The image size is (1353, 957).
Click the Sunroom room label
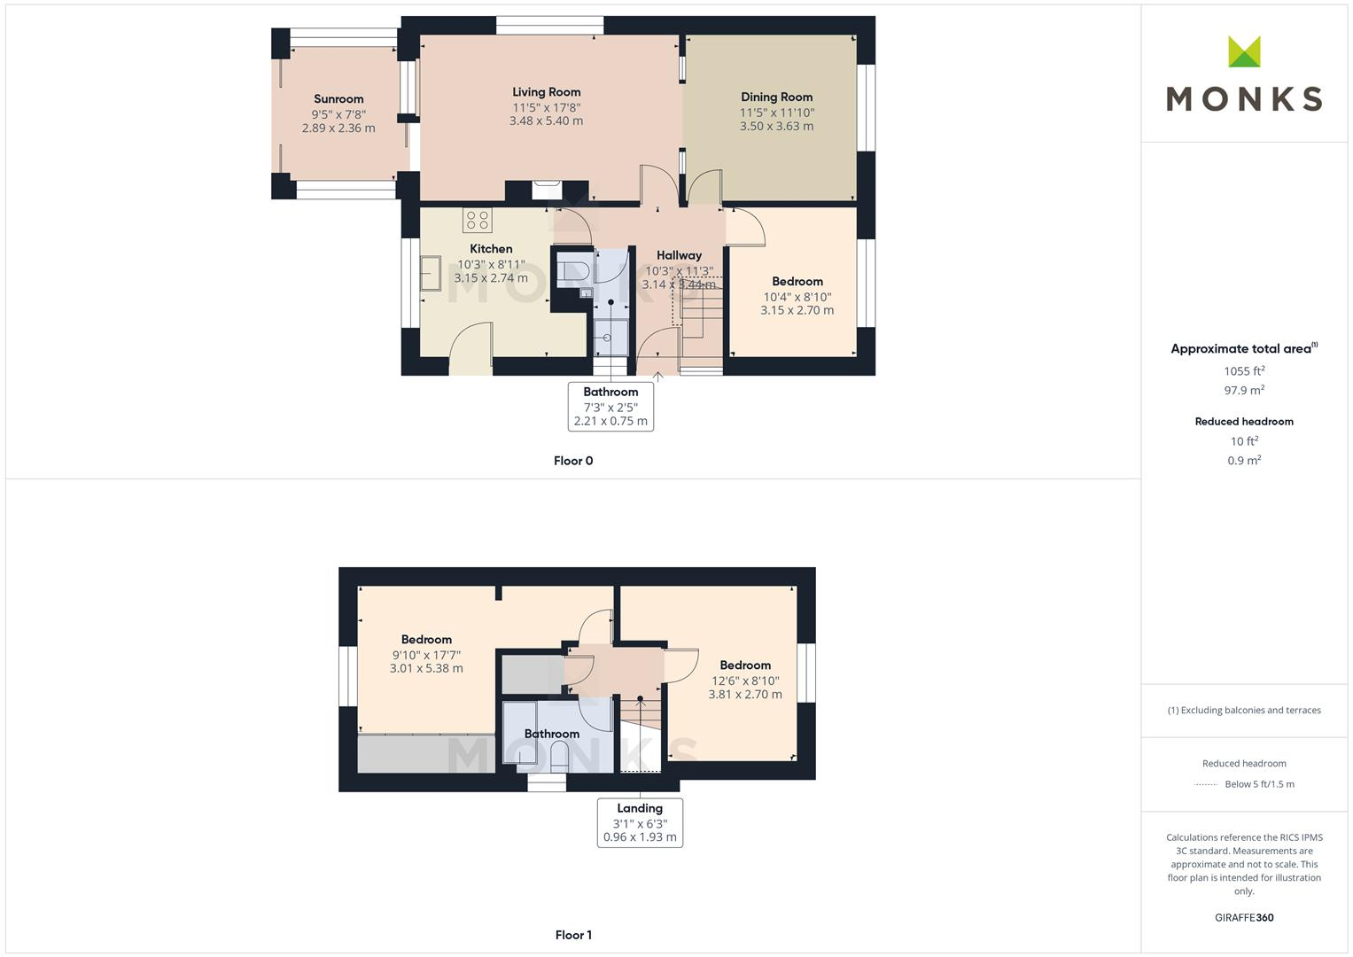(338, 99)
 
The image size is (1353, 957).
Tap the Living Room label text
(546, 92)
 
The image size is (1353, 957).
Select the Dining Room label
(776, 97)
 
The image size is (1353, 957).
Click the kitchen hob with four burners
(477, 220)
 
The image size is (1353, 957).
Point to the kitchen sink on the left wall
(432, 273)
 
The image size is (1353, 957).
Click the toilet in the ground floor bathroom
(574, 269)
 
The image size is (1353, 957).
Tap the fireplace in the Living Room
(546, 190)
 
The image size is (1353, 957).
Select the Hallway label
(679, 255)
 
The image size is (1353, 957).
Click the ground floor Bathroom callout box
(610, 406)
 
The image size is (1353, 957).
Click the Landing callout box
(640, 822)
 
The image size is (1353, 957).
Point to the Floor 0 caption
(573, 461)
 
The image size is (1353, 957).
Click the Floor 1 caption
(573, 935)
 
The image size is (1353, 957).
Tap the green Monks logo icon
(1244, 52)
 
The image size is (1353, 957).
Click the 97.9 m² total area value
(1244, 391)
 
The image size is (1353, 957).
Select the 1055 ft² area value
(1244, 371)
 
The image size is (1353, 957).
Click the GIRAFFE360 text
(1244, 918)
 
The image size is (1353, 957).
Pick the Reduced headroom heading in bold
(1244, 422)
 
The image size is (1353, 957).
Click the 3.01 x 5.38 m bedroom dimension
(426, 669)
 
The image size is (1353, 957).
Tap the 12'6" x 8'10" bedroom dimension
(745, 681)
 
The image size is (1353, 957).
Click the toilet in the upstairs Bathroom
(560, 757)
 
